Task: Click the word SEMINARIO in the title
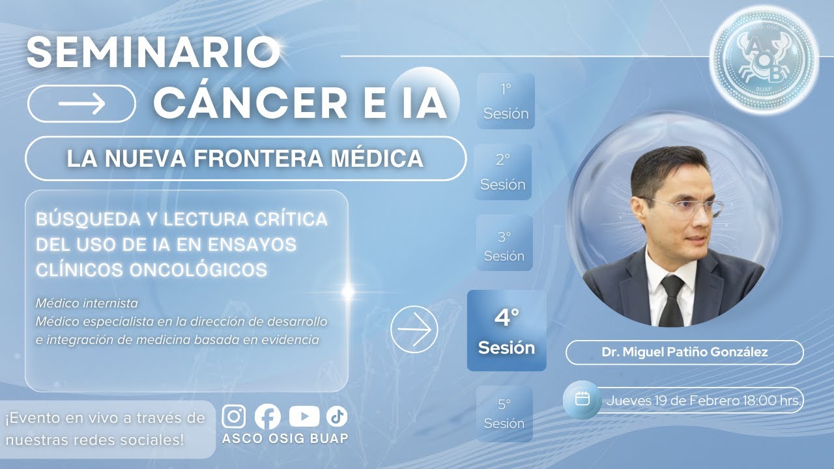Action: [154, 52]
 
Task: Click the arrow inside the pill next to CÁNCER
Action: [81, 104]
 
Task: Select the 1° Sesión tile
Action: [506, 101]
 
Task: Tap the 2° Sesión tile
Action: [502, 172]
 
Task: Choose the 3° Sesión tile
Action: [504, 243]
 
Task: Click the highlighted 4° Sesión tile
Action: [506, 331]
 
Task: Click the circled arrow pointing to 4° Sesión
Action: [414, 330]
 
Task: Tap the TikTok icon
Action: [337, 416]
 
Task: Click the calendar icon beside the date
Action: [582, 399]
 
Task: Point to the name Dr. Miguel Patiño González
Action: [684, 352]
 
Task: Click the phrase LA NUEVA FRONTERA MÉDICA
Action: [245, 158]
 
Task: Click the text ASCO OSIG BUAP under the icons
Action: [285, 438]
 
